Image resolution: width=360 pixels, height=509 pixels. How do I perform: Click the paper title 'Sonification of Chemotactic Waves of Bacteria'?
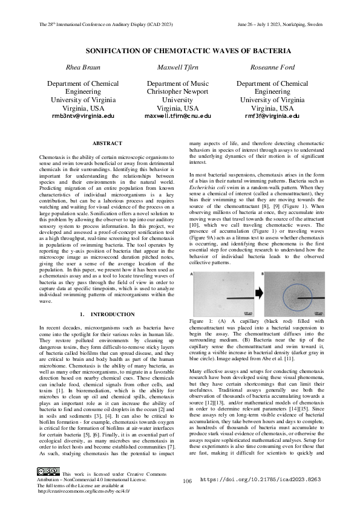click(180, 51)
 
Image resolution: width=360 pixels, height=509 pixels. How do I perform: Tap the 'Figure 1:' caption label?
click(200, 320)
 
